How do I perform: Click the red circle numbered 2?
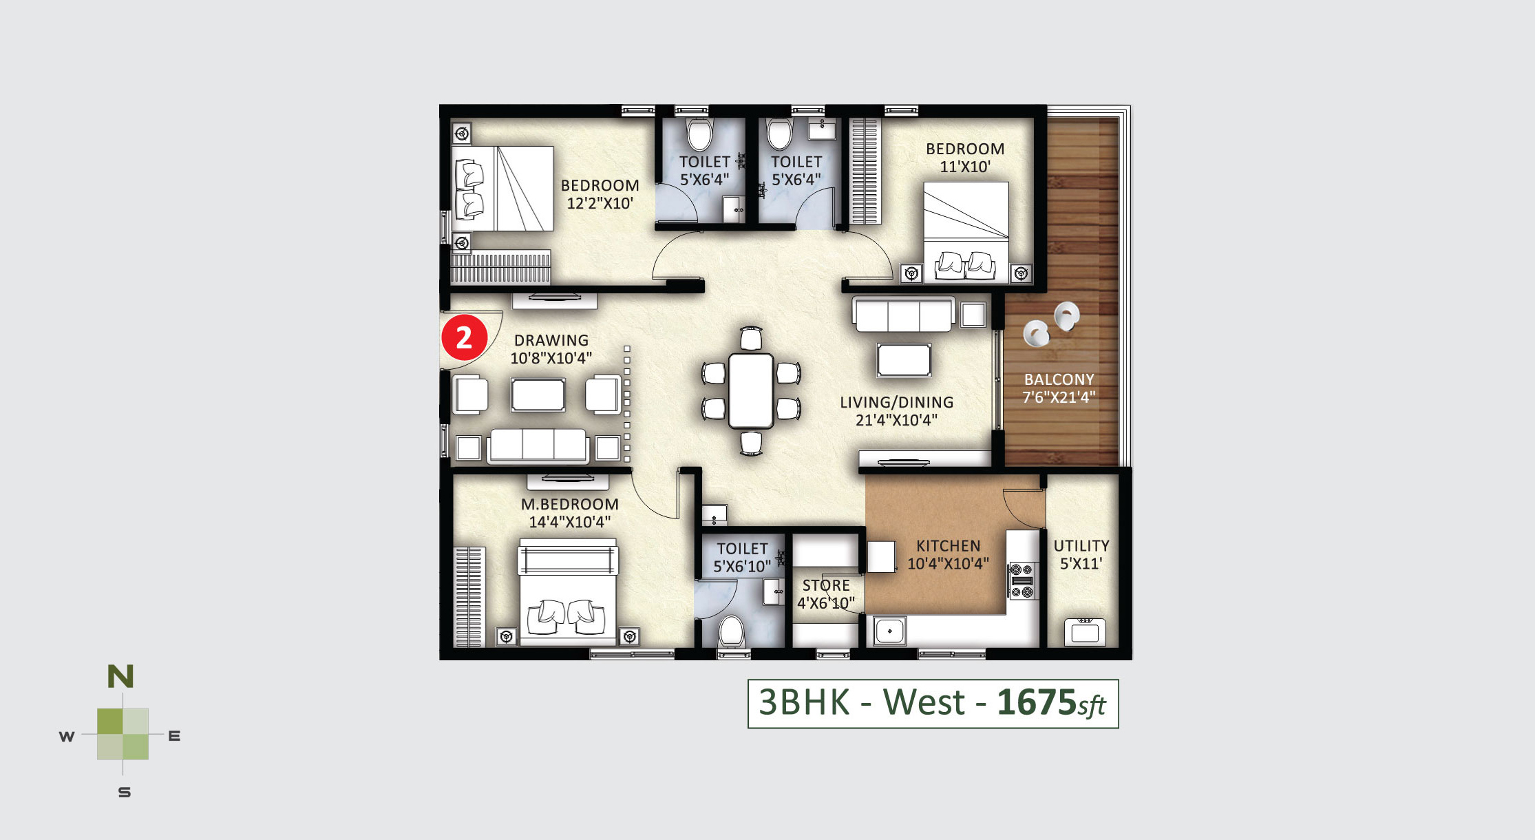[x=464, y=337]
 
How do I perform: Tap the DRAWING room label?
[x=551, y=340]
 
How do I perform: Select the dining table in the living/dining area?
[x=751, y=390]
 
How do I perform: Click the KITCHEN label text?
[x=948, y=546]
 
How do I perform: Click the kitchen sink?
[x=889, y=631]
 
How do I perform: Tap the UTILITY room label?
[x=1081, y=546]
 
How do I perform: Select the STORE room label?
[x=826, y=585]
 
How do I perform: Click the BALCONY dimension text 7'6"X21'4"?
[x=1059, y=397]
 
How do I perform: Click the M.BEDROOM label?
[x=570, y=504]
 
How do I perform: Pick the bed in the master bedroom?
[x=568, y=592]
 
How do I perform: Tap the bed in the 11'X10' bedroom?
[x=966, y=231]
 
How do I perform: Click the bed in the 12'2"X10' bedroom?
[x=502, y=188]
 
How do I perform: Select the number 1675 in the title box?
[x=1037, y=702]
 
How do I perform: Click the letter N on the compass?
[x=120, y=677]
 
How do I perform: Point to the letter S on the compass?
[x=125, y=792]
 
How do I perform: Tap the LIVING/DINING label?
[x=897, y=402]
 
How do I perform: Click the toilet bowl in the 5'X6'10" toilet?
[x=731, y=631]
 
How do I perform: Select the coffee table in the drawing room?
[x=538, y=395]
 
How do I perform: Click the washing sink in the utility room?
[x=1085, y=631]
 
